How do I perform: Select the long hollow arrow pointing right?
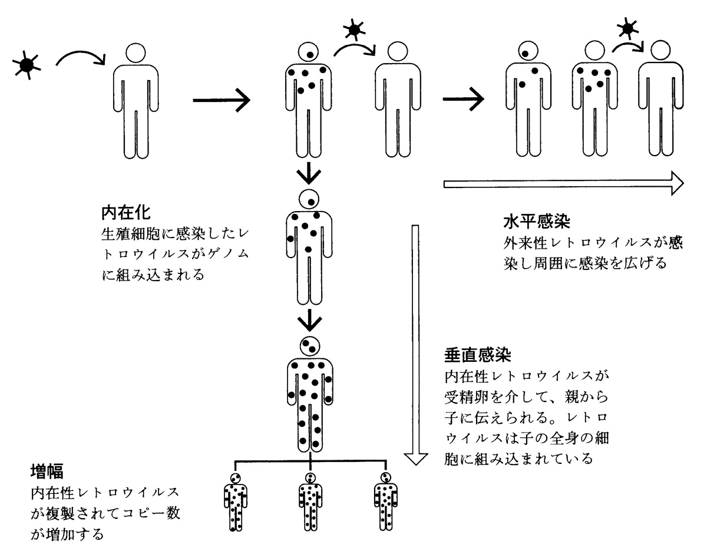pyautogui.click(x=562, y=184)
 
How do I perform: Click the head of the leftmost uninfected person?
pyautogui.click(x=136, y=53)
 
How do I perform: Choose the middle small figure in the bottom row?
pyautogui.click(x=310, y=502)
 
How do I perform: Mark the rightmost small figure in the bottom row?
pyautogui.click(x=385, y=502)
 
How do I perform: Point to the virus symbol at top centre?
pyautogui.click(x=353, y=29)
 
